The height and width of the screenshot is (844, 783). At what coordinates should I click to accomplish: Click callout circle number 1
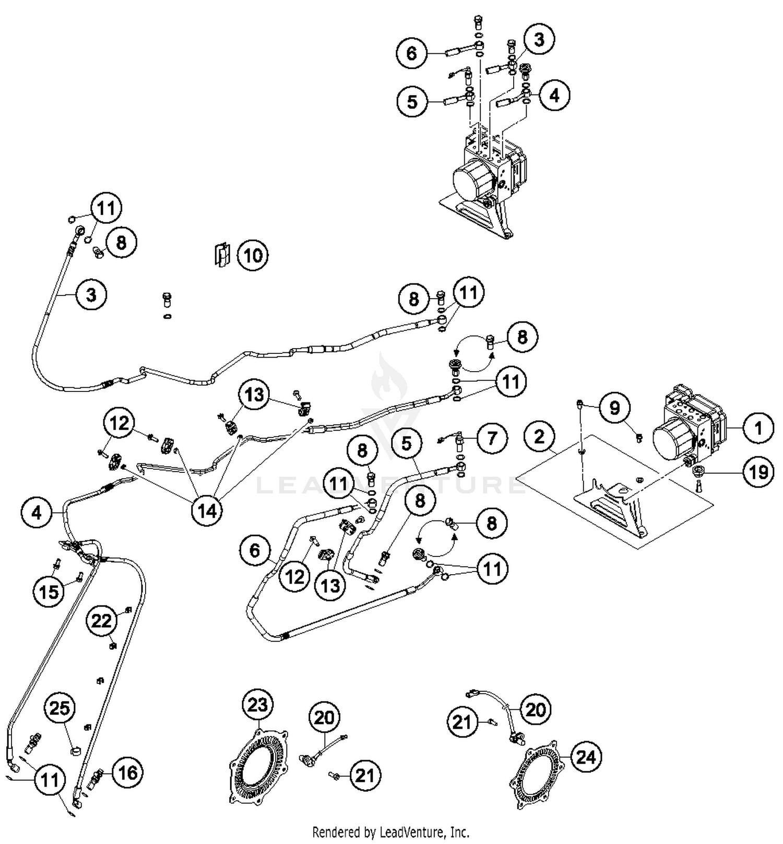[x=758, y=428]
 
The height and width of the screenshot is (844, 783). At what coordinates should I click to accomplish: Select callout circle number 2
[x=540, y=436]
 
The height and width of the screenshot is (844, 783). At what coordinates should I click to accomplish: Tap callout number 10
[x=253, y=255]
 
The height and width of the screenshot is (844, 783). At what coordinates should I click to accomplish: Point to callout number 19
[x=758, y=472]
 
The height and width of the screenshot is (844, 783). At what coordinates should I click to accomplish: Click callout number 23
[x=257, y=705]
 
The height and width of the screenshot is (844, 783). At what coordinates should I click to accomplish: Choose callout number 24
[x=586, y=756]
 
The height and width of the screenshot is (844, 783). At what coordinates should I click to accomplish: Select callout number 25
[x=59, y=708]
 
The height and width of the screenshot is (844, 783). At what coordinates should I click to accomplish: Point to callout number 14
[x=207, y=510]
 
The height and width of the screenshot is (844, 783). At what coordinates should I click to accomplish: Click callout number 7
[x=492, y=438]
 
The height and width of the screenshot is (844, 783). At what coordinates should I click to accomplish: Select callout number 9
[x=615, y=407]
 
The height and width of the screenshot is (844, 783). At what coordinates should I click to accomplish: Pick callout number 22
[x=102, y=621]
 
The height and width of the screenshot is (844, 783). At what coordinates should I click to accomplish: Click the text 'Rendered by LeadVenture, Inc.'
[x=390, y=831]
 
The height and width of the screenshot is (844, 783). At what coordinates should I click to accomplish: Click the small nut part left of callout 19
[x=697, y=472]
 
